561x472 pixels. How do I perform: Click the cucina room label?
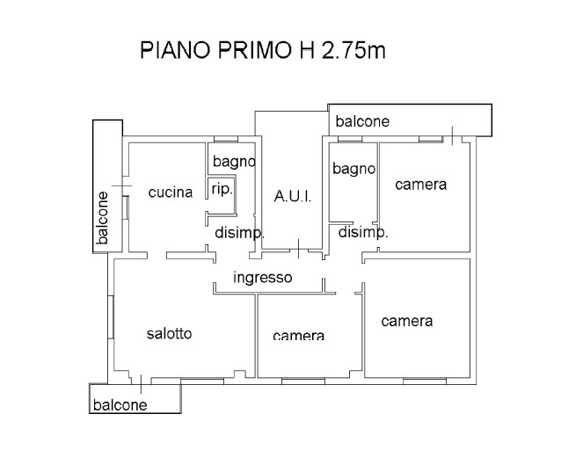click(x=170, y=192)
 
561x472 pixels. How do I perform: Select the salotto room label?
click(x=169, y=334)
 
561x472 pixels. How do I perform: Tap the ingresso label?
click(x=262, y=279)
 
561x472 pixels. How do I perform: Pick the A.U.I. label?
click(x=292, y=196)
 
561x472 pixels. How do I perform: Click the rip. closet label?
click(x=222, y=189)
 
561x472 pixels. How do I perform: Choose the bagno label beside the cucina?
click(x=233, y=162)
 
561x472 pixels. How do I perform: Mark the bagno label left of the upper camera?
click(x=354, y=168)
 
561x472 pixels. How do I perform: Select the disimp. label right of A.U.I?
click(x=363, y=233)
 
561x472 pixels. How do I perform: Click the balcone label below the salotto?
click(x=120, y=405)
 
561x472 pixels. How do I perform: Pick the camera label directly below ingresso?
click(x=298, y=336)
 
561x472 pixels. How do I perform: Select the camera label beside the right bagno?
click(x=420, y=185)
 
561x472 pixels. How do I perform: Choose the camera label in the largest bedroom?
click(x=406, y=321)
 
